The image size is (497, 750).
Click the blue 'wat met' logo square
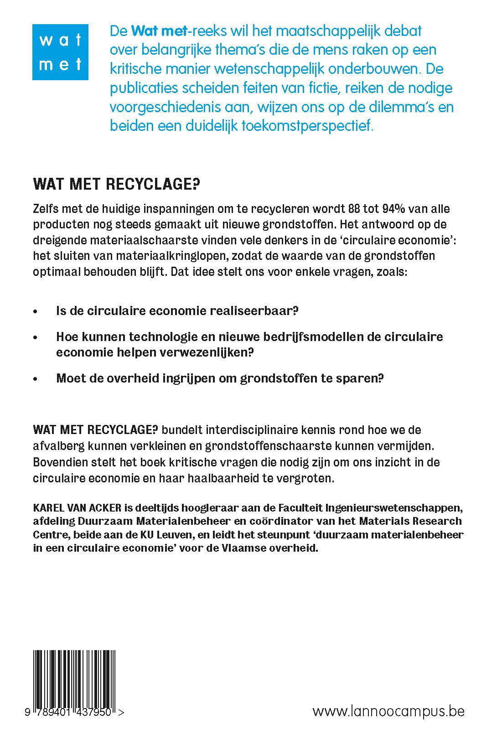click(x=60, y=52)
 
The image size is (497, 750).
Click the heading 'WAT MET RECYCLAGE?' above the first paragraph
click(x=117, y=185)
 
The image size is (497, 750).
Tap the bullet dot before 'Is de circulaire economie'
click(x=36, y=312)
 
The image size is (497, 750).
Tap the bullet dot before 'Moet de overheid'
click(x=36, y=379)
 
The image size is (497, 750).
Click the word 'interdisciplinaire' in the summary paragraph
click(x=240, y=429)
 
